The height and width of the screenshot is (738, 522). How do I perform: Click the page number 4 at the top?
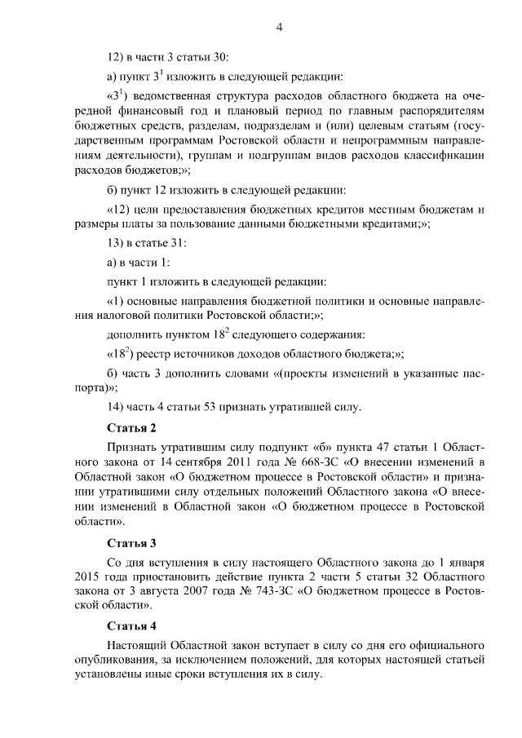(279, 28)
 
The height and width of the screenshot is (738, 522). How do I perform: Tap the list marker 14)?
(116, 407)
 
